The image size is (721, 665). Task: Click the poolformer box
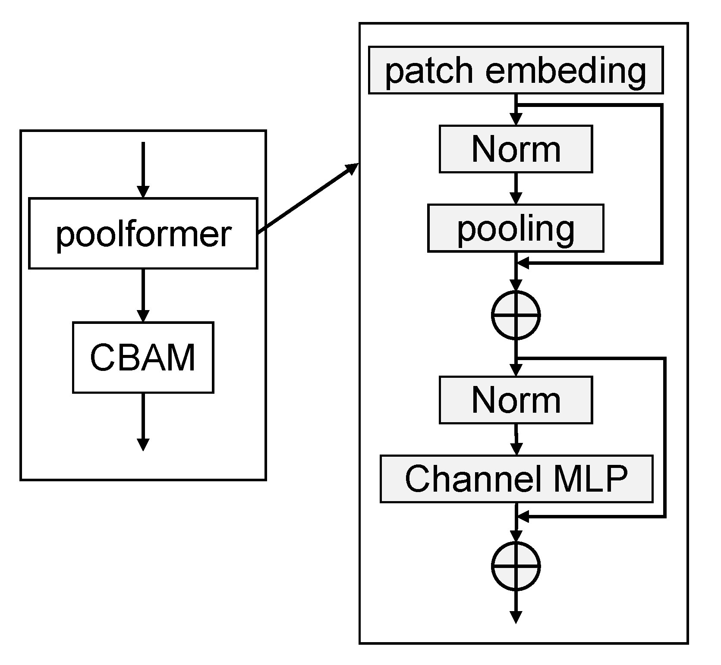[x=143, y=233]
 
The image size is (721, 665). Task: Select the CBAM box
[x=143, y=357]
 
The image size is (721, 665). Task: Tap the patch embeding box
[x=516, y=70]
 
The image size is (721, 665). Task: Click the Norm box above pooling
[x=516, y=149]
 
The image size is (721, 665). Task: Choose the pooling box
[x=516, y=228]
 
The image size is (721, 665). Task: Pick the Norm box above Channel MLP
[x=516, y=399]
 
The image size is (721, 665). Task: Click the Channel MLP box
[x=516, y=478]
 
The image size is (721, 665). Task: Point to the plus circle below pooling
[x=516, y=315]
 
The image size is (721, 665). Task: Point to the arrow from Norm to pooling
[x=516, y=188]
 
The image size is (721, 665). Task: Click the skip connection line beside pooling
[x=661, y=183]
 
